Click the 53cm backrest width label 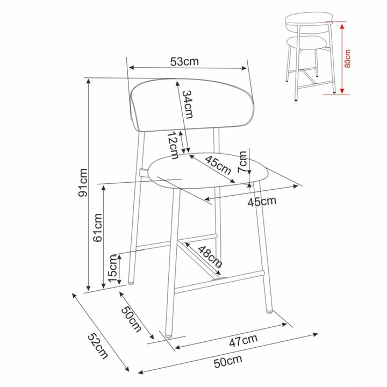pos(184,61)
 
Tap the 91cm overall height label pos(83,183)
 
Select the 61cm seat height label pos(97,227)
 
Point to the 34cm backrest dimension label pos(188,104)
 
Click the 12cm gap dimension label pos(173,145)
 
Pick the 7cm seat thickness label pos(242,162)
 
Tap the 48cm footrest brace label pos(210,257)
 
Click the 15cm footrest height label pos(112,269)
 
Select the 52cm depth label pos(98,346)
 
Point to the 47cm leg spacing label pos(243,341)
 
